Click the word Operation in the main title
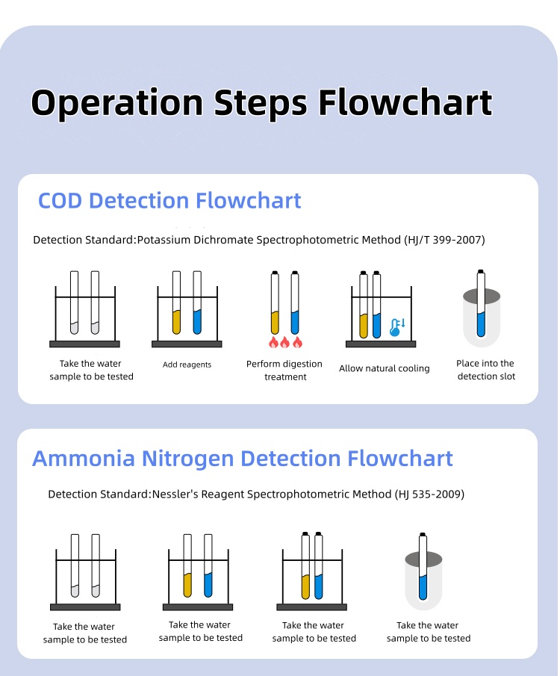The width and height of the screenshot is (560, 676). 116,103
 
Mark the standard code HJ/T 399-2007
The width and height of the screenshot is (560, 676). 445,240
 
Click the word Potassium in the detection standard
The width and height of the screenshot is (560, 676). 164,240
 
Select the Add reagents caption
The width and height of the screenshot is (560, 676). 187,365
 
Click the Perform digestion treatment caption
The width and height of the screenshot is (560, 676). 284,370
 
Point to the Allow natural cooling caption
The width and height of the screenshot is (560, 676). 384,368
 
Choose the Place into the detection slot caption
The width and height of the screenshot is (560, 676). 485,370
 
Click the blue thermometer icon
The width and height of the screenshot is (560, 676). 396,326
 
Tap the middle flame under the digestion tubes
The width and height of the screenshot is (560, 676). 284,343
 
